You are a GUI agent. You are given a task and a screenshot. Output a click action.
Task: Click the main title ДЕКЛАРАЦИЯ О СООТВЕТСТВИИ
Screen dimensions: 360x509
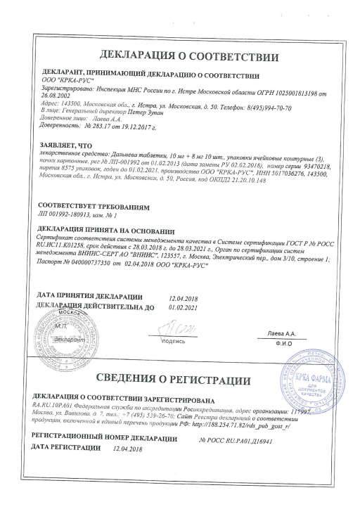pyautogui.click(x=180, y=56)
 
